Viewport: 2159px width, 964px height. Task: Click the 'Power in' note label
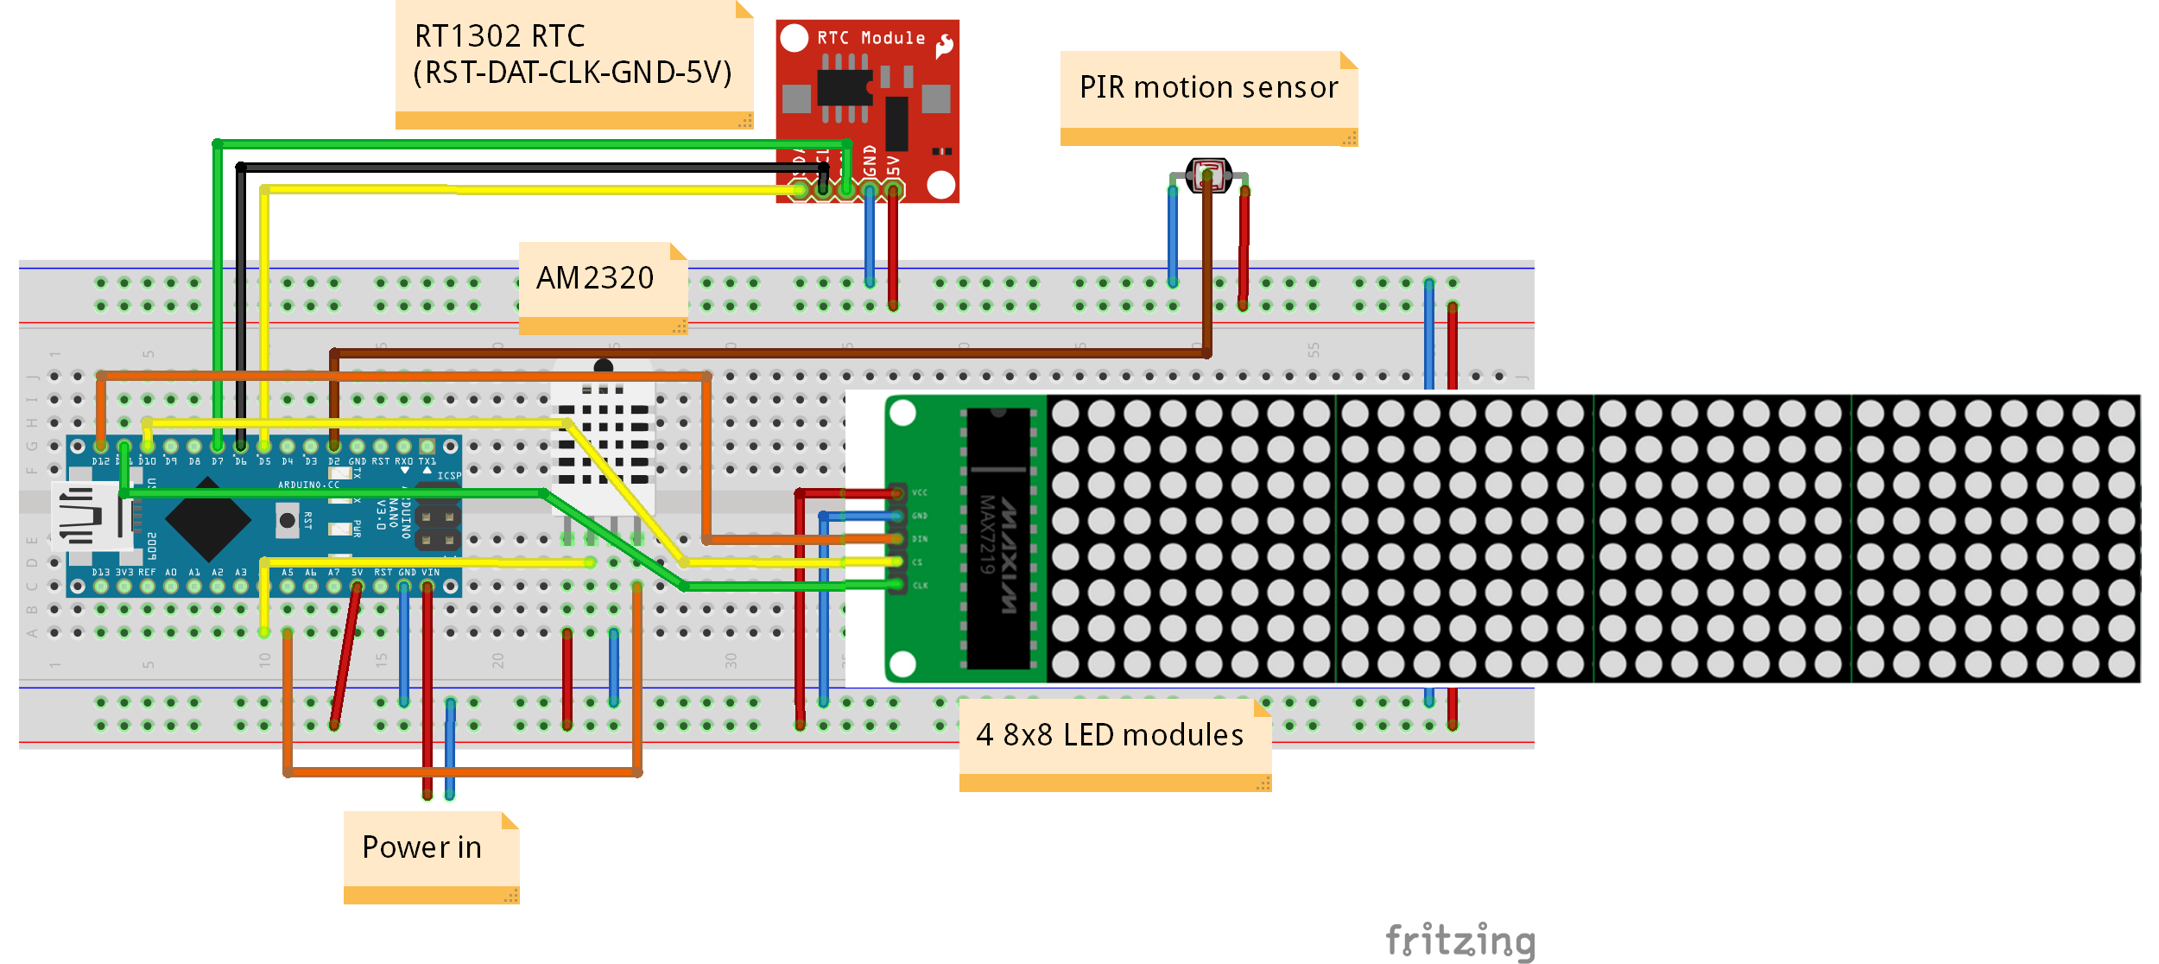click(x=421, y=847)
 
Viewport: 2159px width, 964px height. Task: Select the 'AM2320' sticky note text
click(x=595, y=278)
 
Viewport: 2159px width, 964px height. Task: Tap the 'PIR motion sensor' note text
click(x=1208, y=87)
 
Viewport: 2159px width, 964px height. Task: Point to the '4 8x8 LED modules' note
click(x=1110, y=735)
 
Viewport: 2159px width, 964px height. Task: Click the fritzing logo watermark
click(x=1460, y=941)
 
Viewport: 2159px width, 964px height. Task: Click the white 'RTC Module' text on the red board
click(x=871, y=38)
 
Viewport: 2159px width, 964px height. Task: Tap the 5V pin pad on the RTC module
click(x=894, y=189)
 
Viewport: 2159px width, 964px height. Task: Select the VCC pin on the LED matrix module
click(x=898, y=493)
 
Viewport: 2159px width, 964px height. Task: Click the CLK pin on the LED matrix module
click(x=898, y=586)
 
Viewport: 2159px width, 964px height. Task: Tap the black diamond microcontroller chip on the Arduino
click(x=208, y=521)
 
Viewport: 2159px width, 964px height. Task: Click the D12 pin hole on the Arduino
click(x=101, y=447)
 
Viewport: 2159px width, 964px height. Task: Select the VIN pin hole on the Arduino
click(x=427, y=587)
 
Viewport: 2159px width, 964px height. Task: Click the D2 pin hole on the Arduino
click(x=334, y=447)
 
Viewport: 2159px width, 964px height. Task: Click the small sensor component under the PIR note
click(x=1208, y=175)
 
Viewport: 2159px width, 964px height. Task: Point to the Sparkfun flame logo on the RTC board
click(x=945, y=45)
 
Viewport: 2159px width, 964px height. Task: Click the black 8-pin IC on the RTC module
click(x=844, y=87)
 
